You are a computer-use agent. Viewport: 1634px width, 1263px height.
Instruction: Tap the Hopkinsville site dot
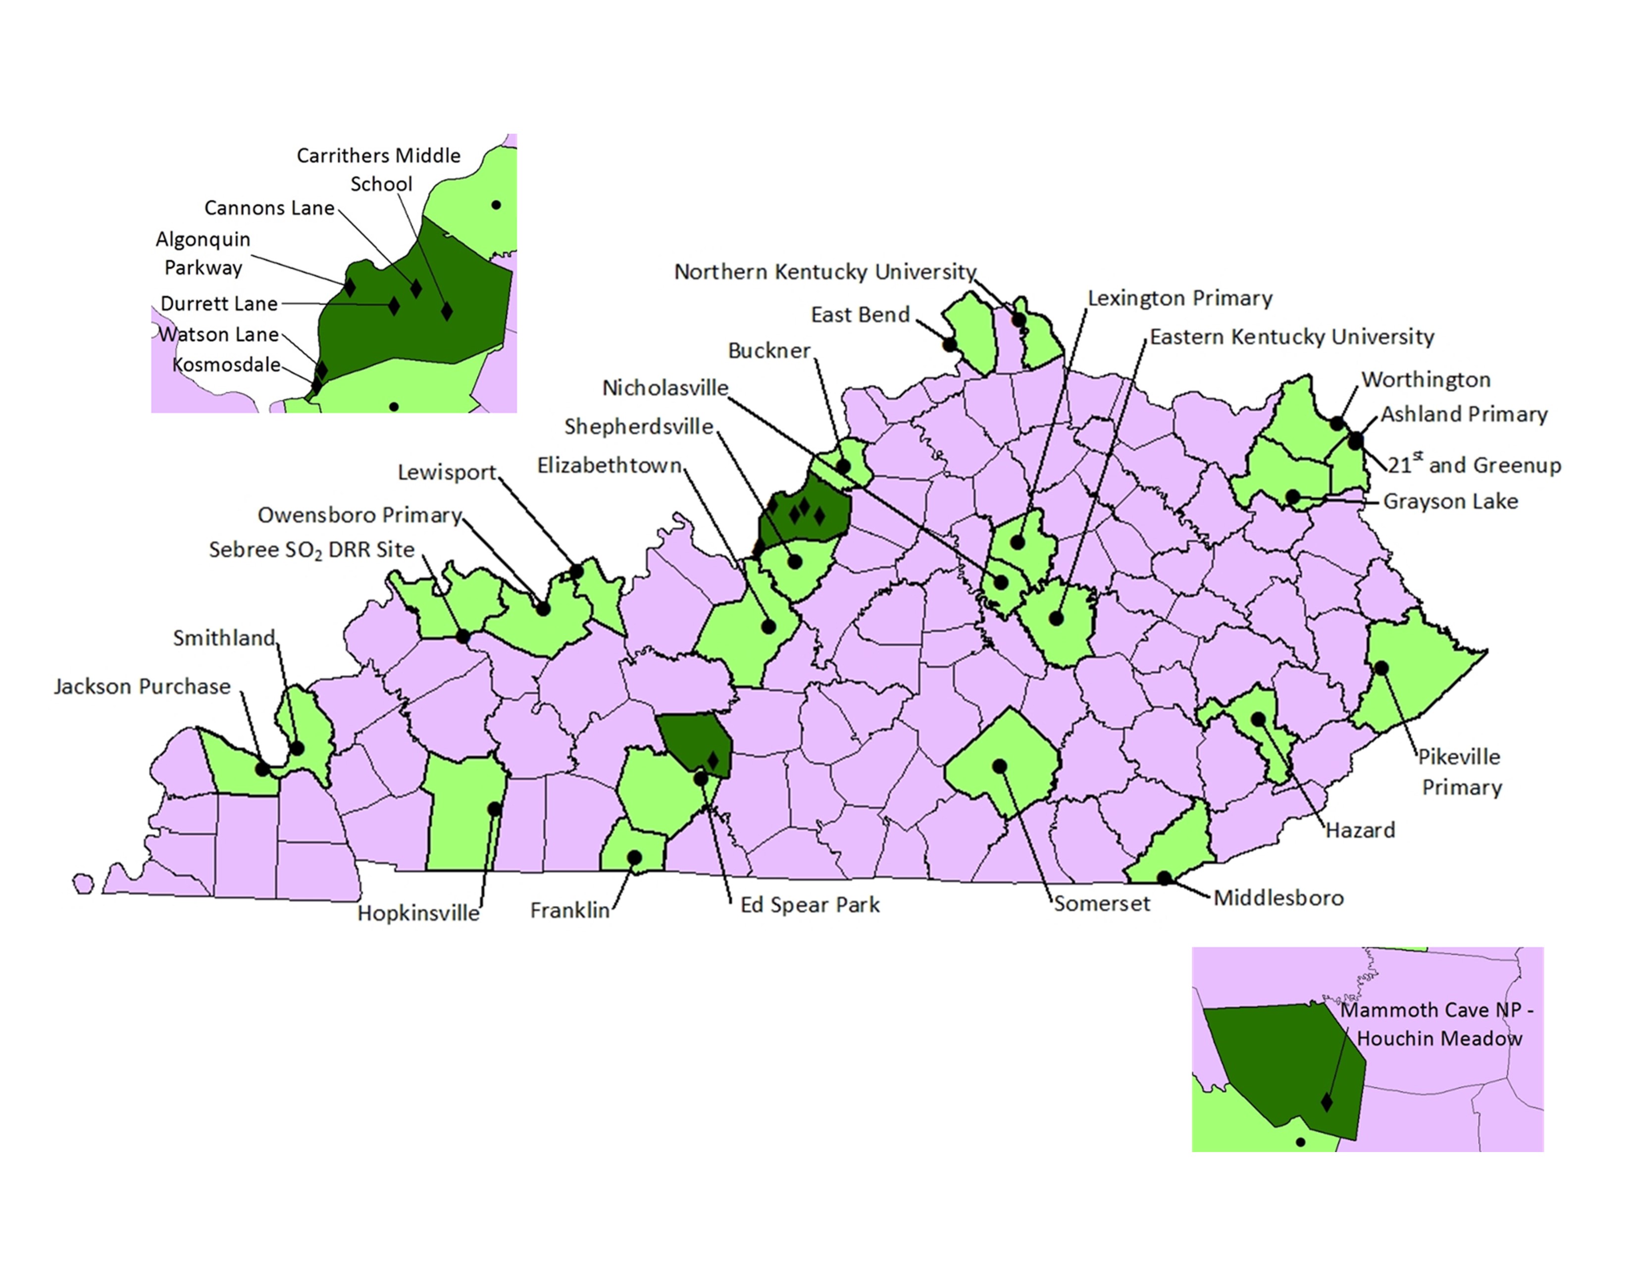click(x=495, y=809)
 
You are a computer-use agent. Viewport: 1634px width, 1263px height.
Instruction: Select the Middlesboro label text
click(x=1278, y=898)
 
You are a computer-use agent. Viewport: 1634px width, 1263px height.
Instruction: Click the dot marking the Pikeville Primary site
click(x=1381, y=668)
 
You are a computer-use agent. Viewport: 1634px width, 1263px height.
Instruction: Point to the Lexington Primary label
click(x=1179, y=299)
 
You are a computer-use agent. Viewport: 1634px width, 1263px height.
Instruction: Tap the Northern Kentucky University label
click(x=825, y=271)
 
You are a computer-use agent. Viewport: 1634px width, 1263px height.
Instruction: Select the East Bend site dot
click(x=949, y=345)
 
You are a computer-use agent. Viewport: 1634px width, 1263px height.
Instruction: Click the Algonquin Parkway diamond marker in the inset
click(x=350, y=287)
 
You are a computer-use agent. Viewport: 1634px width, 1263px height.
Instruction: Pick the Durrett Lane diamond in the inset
click(x=394, y=305)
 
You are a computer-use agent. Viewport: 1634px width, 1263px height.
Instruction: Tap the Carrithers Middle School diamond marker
click(x=447, y=311)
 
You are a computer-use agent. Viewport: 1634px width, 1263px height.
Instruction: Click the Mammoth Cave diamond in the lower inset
click(x=1327, y=1102)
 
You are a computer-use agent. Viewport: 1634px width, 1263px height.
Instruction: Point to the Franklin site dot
click(x=634, y=857)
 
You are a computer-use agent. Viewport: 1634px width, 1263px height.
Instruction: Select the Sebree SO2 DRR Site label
click(x=311, y=550)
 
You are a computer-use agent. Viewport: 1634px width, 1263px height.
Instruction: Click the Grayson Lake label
click(x=1450, y=501)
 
